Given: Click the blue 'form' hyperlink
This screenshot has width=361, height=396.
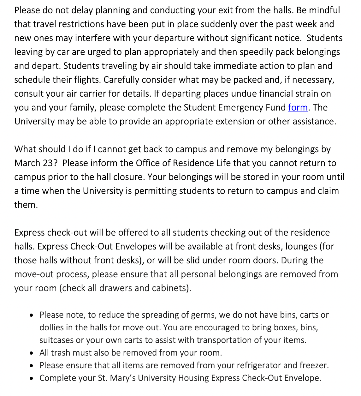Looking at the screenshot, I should tap(298, 108).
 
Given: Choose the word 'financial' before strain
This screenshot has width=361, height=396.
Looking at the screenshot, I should tap(277, 94).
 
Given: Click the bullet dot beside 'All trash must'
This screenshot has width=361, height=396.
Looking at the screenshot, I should tap(31, 353).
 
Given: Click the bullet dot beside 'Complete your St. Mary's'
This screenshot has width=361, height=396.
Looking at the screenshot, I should tap(31, 378).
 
